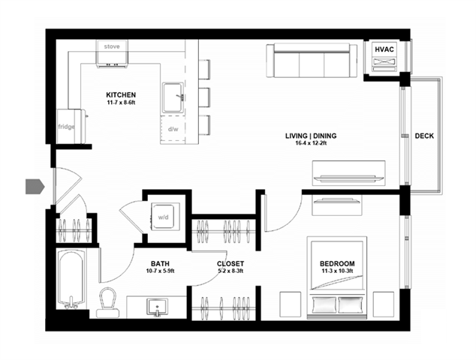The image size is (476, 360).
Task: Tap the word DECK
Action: pos(425,136)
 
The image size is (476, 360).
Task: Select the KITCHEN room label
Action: pos(120,95)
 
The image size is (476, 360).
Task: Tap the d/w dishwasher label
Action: pos(173,129)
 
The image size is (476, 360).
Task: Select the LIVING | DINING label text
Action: pos(310,136)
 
